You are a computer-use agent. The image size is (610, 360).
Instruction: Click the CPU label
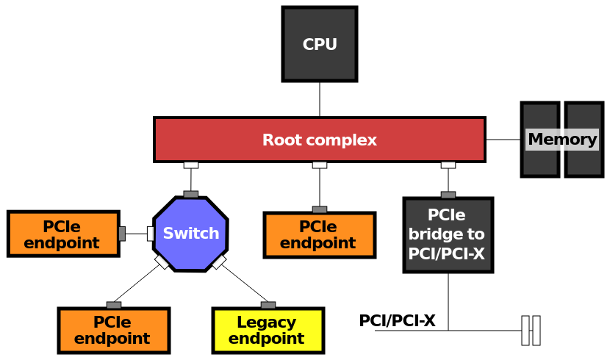click(x=320, y=45)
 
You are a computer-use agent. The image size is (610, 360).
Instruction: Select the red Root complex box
click(x=319, y=140)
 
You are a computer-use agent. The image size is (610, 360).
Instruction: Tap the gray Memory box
click(x=561, y=140)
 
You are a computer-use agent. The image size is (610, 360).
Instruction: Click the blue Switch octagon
click(x=190, y=234)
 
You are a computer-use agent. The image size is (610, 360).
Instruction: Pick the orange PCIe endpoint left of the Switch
click(x=63, y=234)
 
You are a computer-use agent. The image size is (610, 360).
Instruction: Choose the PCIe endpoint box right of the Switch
click(x=319, y=235)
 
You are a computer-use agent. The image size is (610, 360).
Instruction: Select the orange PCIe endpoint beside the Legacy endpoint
click(x=113, y=331)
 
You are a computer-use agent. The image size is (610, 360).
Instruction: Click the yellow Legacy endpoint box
click(x=268, y=331)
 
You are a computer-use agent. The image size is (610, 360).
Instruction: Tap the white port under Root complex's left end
click(x=191, y=165)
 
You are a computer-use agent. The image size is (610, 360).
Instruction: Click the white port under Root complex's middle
click(x=320, y=165)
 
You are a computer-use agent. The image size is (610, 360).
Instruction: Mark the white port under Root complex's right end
click(x=448, y=165)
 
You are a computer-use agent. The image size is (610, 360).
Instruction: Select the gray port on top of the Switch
click(x=191, y=195)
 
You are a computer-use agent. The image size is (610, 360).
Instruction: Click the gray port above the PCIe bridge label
click(x=448, y=195)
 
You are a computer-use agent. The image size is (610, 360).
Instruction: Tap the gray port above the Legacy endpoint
click(x=268, y=305)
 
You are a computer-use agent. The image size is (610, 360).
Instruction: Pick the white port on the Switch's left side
click(x=151, y=234)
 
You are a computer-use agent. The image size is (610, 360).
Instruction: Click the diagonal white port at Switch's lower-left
click(x=162, y=262)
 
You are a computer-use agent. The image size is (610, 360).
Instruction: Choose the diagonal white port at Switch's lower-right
click(x=219, y=262)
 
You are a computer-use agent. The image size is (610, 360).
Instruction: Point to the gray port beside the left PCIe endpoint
click(x=122, y=234)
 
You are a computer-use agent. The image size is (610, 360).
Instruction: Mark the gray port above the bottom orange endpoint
click(x=114, y=305)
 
